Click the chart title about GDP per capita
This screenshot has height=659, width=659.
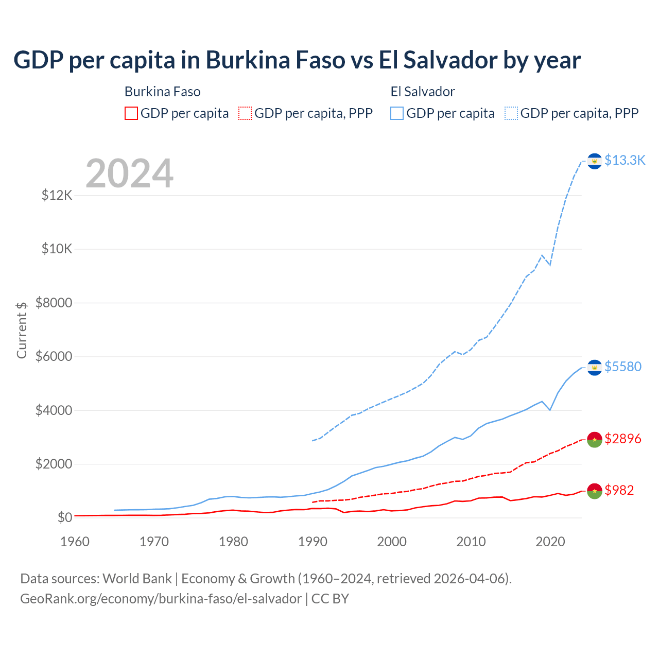pyautogui.click(x=297, y=60)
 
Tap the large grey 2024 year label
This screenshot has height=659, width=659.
pyautogui.click(x=129, y=174)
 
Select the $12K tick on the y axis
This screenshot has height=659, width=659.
pyautogui.click(x=57, y=196)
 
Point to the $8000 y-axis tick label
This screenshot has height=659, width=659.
pyautogui.click(x=54, y=303)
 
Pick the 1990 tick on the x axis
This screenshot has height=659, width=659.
pyautogui.click(x=313, y=542)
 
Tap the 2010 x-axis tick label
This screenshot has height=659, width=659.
pyautogui.click(x=471, y=542)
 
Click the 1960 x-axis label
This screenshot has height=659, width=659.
pyautogui.click(x=75, y=542)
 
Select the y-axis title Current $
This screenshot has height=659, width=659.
pyautogui.click(x=22, y=330)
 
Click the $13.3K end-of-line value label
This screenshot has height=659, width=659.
pyautogui.click(x=625, y=161)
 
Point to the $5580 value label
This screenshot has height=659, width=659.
pyautogui.click(x=623, y=367)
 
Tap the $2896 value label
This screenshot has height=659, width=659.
pyautogui.click(x=623, y=439)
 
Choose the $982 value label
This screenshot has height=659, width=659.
pyautogui.click(x=619, y=490)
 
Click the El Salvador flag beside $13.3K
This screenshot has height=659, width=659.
pyautogui.click(x=595, y=161)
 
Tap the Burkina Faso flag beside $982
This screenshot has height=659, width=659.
pyautogui.click(x=595, y=491)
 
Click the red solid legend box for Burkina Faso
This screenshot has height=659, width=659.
pyautogui.click(x=131, y=113)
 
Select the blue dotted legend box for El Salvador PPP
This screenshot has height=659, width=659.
pyautogui.click(x=511, y=113)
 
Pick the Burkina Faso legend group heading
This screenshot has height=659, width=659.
pyautogui.click(x=163, y=92)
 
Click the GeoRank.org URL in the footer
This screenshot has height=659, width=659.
pyautogui.click(x=161, y=599)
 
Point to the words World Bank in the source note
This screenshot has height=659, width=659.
pyautogui.click(x=137, y=579)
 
